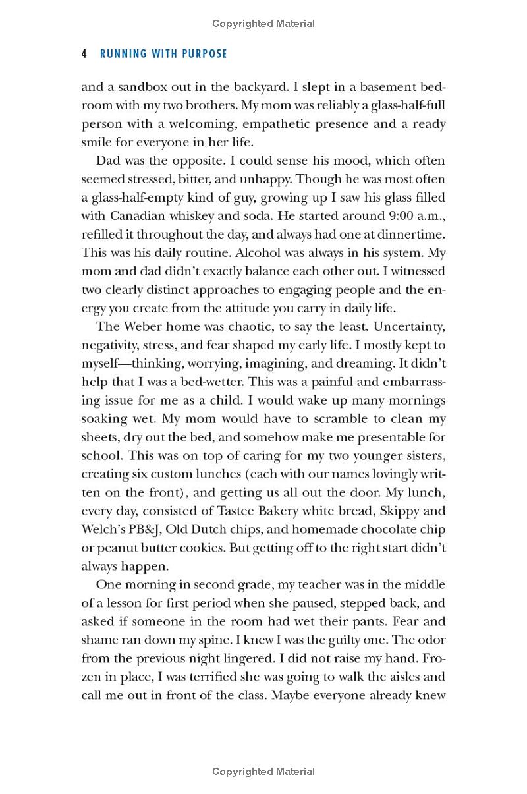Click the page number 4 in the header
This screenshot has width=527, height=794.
(x=84, y=54)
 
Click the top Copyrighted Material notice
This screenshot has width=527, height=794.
(x=263, y=24)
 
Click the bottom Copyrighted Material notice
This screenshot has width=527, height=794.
(x=263, y=772)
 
